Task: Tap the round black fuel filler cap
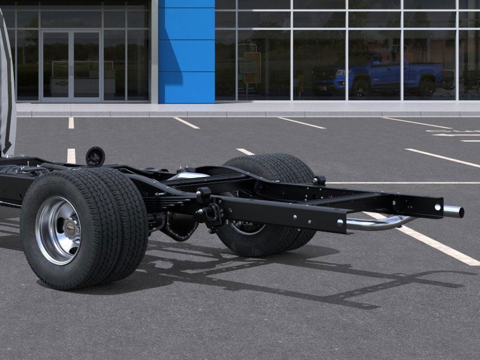pyautogui.click(x=95, y=157)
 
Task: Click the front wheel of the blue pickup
pyautogui.click(x=361, y=88)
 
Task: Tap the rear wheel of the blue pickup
pyautogui.click(x=427, y=87)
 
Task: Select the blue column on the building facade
pyautogui.click(x=187, y=51)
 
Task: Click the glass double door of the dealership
pyautogui.click(x=71, y=65)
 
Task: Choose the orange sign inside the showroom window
pyautogui.click(x=252, y=67)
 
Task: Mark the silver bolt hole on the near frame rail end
pyautogui.click(x=341, y=222)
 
